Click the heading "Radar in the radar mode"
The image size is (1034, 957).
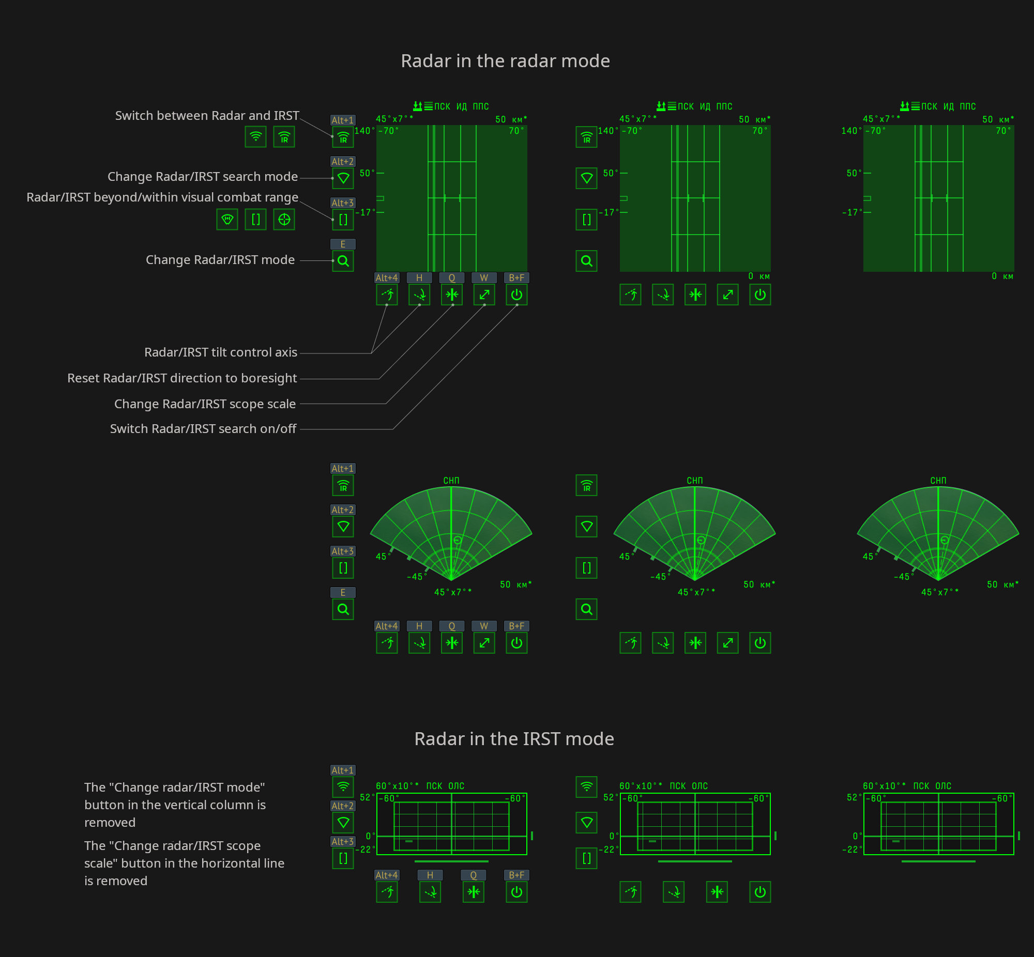coord(505,61)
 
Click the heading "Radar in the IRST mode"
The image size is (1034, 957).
coord(514,739)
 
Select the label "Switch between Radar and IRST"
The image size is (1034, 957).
coord(207,115)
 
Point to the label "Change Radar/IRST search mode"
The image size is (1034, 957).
coord(203,177)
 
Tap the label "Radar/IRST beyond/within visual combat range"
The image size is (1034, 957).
coord(162,197)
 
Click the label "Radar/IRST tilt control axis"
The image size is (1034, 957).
coord(221,352)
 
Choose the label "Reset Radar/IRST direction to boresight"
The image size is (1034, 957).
coord(182,378)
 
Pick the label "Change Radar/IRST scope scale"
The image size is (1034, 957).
coord(205,404)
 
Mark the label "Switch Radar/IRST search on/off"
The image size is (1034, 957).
coord(203,429)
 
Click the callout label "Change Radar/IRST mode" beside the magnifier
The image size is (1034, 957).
coord(220,260)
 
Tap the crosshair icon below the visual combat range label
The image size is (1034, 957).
coord(284,220)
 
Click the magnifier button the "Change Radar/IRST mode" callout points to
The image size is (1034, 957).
coord(343,261)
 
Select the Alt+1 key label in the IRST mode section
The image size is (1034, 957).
coord(343,770)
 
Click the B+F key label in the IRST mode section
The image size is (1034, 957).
coord(516,875)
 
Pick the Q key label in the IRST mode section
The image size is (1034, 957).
coord(473,875)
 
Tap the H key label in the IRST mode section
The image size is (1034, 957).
coord(430,875)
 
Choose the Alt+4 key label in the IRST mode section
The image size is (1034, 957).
coord(386,875)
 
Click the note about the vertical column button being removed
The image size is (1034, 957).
coord(175,805)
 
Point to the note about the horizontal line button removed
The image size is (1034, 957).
coord(184,863)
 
